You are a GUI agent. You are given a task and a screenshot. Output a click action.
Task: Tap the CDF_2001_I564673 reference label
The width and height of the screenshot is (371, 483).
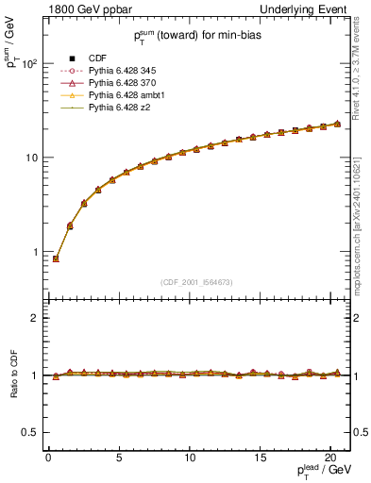coord(197,282)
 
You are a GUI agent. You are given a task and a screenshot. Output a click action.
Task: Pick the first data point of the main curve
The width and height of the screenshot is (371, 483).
coord(56,258)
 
